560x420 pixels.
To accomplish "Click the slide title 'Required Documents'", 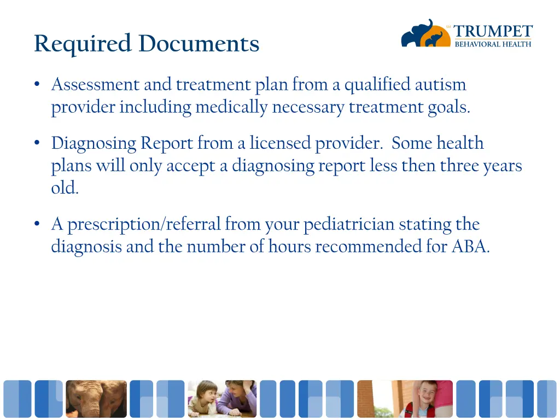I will [x=147, y=44].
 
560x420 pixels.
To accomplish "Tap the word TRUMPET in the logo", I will [x=493, y=32].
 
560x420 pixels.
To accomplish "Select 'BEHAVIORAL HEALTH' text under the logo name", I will [x=493, y=44].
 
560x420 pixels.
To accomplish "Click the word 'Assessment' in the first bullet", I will [x=95, y=85].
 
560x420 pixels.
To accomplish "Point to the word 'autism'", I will [x=440, y=85].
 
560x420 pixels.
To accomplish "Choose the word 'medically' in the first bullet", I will [x=232, y=107].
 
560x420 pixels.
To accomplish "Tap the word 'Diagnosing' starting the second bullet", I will [x=94, y=143].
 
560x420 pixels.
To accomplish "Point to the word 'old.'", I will [x=65, y=188].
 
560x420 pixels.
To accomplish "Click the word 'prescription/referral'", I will [x=144, y=224].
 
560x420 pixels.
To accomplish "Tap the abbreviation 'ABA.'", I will [x=470, y=247].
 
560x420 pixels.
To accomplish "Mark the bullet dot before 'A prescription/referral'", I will [x=37, y=224].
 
